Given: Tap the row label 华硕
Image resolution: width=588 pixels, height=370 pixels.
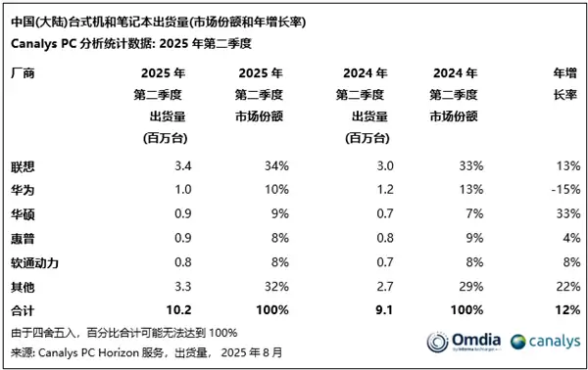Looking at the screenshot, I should coord(22,211).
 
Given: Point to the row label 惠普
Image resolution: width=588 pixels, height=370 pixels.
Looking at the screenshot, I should coord(22,236).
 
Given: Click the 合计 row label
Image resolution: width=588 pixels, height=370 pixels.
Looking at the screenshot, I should coord(22,309).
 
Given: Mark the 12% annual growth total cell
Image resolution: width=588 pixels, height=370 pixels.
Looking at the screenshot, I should coord(564,309).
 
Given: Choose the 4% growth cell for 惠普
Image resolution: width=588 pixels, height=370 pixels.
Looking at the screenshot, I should coord(568,236).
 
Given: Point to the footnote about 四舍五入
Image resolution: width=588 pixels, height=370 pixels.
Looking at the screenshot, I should coord(124,332).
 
